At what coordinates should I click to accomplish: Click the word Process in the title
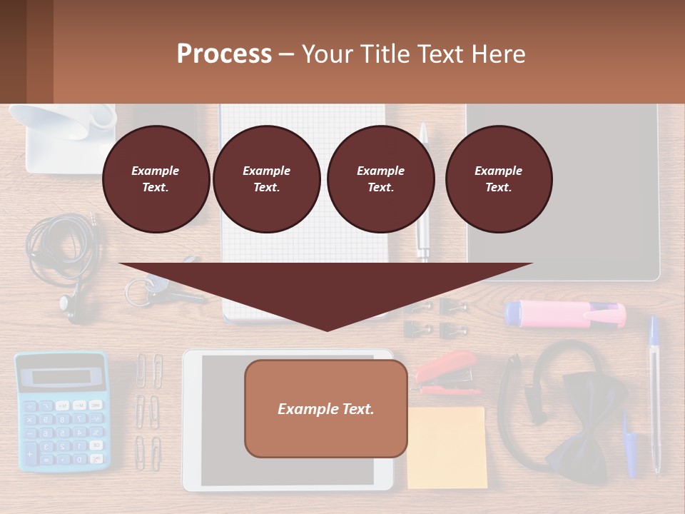click(224, 54)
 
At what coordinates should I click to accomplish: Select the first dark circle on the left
click(156, 179)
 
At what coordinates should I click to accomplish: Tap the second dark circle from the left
click(266, 179)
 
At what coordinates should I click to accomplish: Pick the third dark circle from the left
click(380, 179)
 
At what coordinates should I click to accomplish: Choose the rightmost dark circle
click(498, 179)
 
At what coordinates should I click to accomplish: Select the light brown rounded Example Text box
click(325, 408)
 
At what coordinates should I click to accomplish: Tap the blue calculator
click(62, 410)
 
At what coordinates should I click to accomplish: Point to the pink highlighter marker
click(564, 314)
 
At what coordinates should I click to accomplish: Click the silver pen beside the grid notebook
click(423, 193)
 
